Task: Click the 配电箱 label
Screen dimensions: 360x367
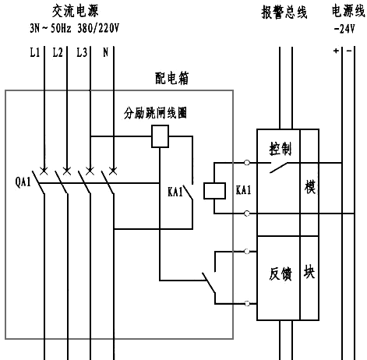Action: [x=172, y=79]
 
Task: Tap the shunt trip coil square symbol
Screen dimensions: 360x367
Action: [x=161, y=138]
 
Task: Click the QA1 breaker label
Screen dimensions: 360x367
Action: [x=22, y=183]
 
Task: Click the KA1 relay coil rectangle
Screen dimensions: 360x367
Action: [x=211, y=189]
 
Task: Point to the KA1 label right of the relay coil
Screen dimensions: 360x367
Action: [x=243, y=189]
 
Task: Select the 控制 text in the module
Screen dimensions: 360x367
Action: [x=281, y=149]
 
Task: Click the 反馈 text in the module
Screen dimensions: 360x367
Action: [x=281, y=274]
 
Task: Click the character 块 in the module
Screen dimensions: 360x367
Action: [x=309, y=272]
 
